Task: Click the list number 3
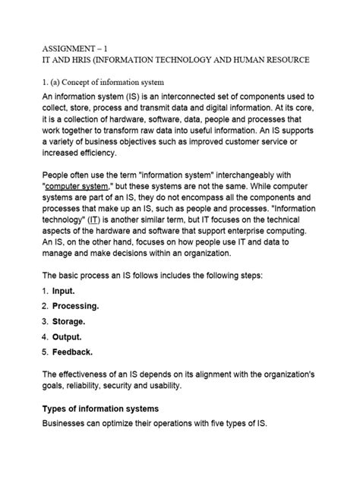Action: (45, 321)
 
